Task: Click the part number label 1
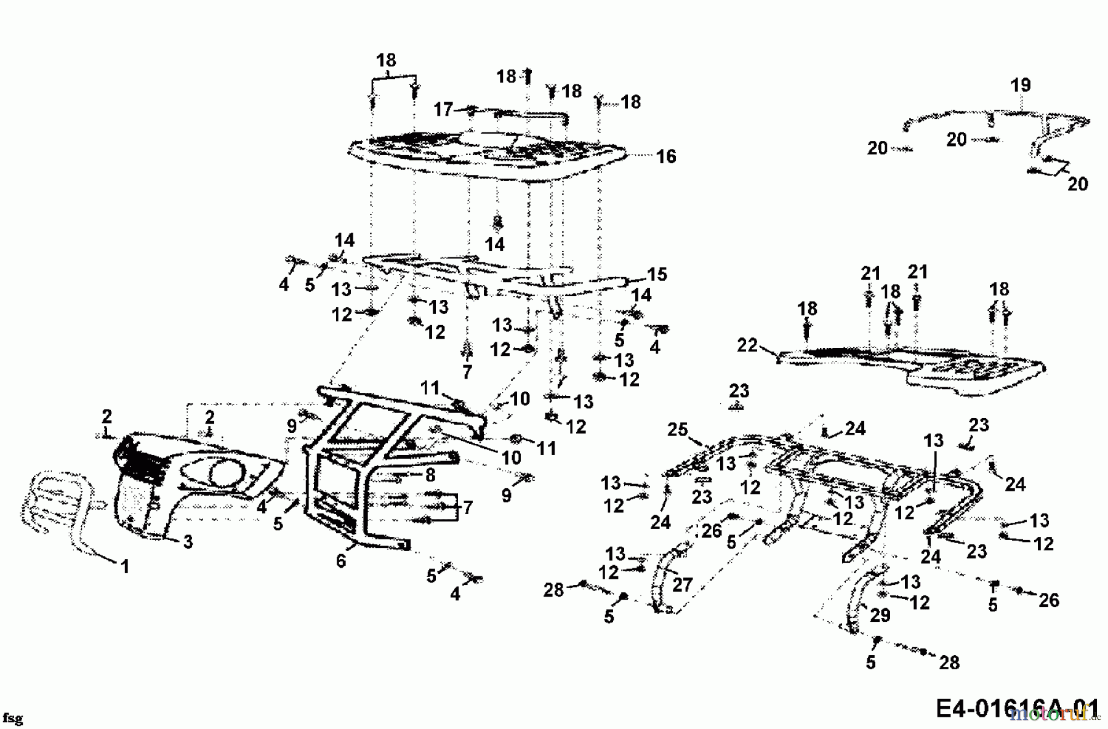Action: click(125, 566)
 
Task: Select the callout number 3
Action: click(188, 542)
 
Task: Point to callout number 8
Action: click(430, 475)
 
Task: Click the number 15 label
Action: click(657, 274)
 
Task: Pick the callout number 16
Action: click(666, 156)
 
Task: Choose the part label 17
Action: click(443, 110)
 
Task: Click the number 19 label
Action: click(1021, 85)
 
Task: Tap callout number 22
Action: click(747, 345)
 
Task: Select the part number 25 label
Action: click(677, 429)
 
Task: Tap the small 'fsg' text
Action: click(12, 718)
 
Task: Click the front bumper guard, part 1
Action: click(55, 502)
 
